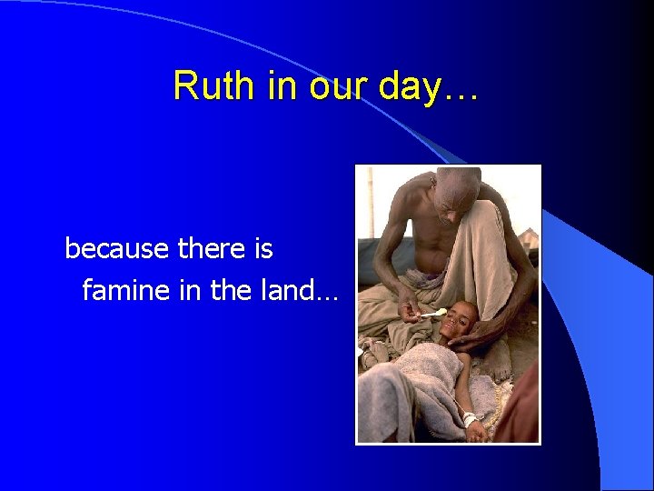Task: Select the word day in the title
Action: click(x=411, y=86)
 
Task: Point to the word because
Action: click(x=115, y=248)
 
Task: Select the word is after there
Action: click(x=263, y=248)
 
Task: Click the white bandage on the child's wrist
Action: click(x=470, y=418)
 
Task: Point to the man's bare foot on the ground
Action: click(x=374, y=346)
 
